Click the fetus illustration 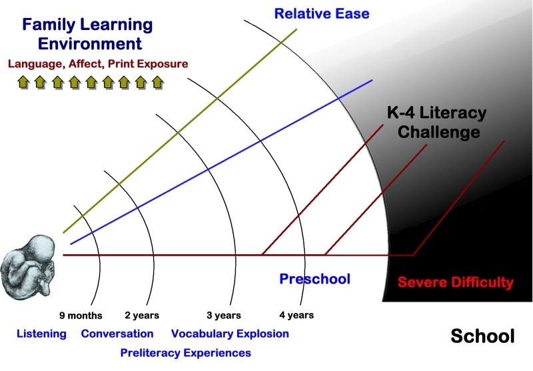coord(29,268)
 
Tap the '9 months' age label coord(81,316)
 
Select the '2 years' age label coord(142,315)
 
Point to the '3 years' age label coord(224,315)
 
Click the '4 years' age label coord(296,315)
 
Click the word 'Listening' coord(41,334)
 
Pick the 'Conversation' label coord(117,334)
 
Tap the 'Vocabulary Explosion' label coord(230,334)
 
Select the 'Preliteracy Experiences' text coord(186,352)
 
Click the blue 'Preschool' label coord(314,279)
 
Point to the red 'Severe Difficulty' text coord(456,282)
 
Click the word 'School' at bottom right coord(482,336)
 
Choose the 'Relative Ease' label coord(322,13)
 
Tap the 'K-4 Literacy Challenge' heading coord(437,122)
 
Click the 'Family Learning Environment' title coord(88,34)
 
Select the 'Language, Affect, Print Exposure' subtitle coord(98,63)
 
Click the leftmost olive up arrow coord(23,82)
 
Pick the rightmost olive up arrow coord(158,82)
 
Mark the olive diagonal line coord(180,131)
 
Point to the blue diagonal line coord(221,162)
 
